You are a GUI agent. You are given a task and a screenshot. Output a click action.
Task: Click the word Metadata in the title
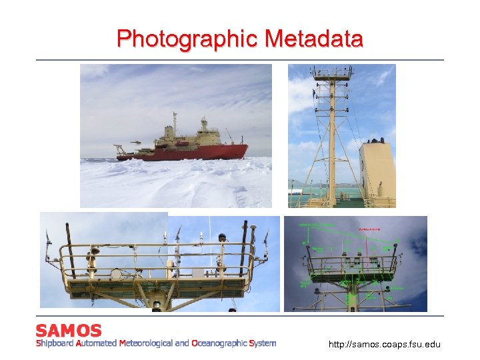(314, 39)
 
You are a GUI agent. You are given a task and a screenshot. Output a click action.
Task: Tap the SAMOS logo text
(69, 331)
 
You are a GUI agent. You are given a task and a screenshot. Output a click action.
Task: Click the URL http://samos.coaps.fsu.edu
(385, 345)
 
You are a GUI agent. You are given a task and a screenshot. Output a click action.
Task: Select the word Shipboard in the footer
(55, 343)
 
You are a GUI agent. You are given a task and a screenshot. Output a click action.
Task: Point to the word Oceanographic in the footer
(219, 343)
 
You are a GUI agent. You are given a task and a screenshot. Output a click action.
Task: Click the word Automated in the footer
(96, 343)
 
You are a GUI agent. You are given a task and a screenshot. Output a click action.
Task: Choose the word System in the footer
(262, 343)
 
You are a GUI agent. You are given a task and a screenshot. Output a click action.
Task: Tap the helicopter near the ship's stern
(135, 142)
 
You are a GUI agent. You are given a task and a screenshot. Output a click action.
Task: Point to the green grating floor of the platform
(160, 288)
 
